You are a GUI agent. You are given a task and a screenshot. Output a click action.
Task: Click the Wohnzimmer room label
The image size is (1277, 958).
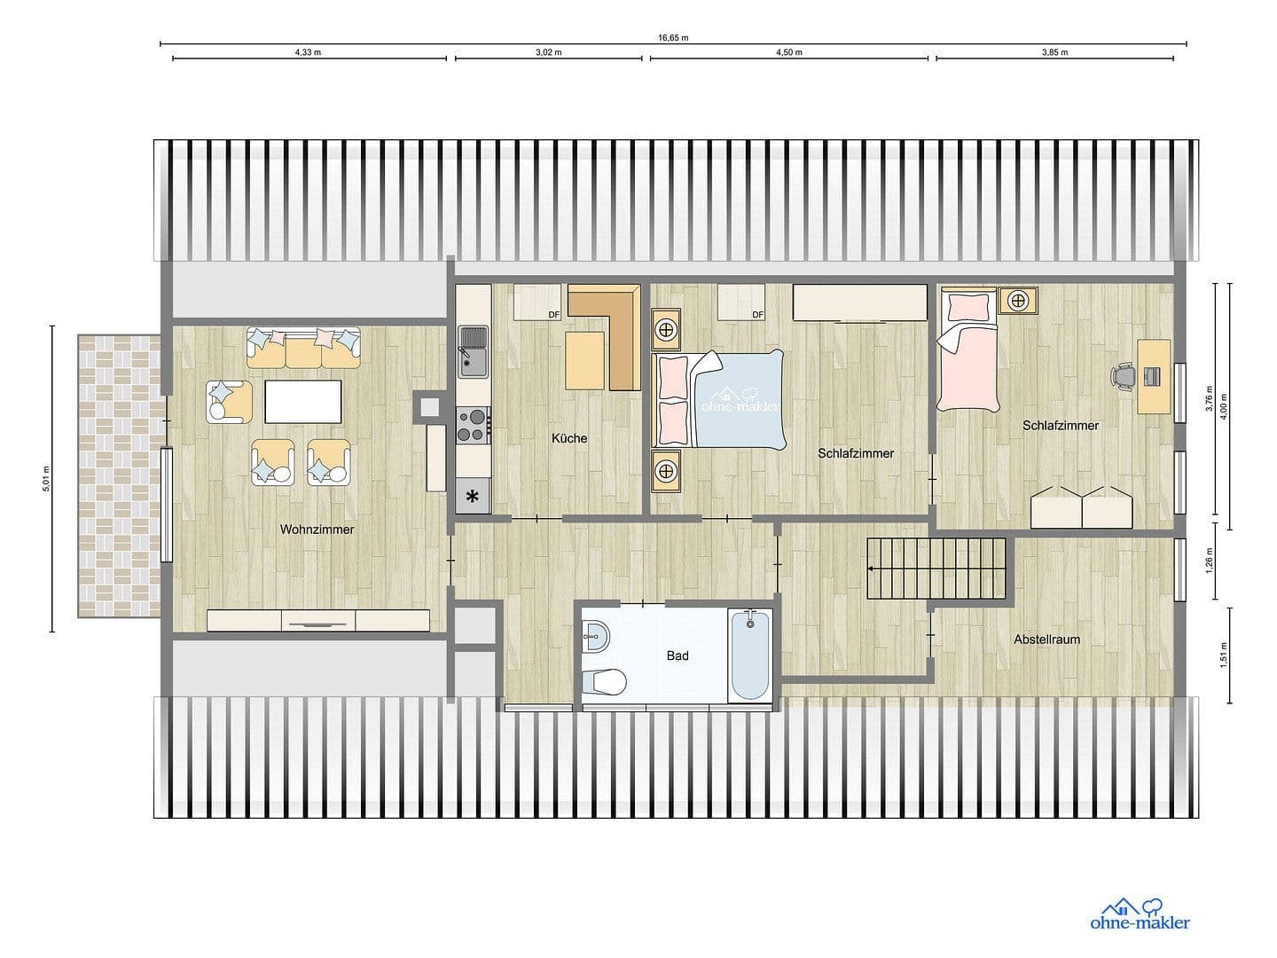tap(317, 530)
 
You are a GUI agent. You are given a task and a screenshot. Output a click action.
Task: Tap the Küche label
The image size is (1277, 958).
tap(568, 438)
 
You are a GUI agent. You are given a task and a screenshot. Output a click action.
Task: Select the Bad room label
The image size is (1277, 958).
tap(678, 656)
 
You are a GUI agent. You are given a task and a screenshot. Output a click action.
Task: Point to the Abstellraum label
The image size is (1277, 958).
tap(1046, 639)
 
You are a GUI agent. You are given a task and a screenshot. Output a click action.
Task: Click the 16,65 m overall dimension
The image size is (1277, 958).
tap(673, 38)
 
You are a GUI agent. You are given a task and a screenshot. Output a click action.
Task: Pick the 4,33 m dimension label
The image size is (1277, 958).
tap(308, 52)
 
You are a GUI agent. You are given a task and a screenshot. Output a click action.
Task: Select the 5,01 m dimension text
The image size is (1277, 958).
tap(45, 479)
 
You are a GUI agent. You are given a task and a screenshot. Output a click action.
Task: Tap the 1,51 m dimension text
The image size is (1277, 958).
tap(1223, 656)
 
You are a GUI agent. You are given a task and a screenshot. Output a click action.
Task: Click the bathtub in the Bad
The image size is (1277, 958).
tap(750, 656)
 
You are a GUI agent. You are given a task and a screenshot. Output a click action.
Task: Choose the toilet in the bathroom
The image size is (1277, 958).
tap(604, 681)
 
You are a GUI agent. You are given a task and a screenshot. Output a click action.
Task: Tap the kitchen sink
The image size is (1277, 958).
tap(472, 350)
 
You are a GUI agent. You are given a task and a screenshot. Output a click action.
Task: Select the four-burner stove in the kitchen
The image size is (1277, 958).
tap(473, 424)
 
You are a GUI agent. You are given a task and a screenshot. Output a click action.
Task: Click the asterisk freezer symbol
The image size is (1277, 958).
tap(473, 497)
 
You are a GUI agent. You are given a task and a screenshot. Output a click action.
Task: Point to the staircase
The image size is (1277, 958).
tap(938, 569)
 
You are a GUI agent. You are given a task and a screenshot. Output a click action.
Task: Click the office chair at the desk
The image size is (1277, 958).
tap(1124, 376)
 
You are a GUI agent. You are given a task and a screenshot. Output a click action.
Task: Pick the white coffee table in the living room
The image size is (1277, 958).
tap(302, 401)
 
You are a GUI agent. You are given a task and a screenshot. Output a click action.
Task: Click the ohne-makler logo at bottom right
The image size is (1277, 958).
tap(1140, 915)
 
